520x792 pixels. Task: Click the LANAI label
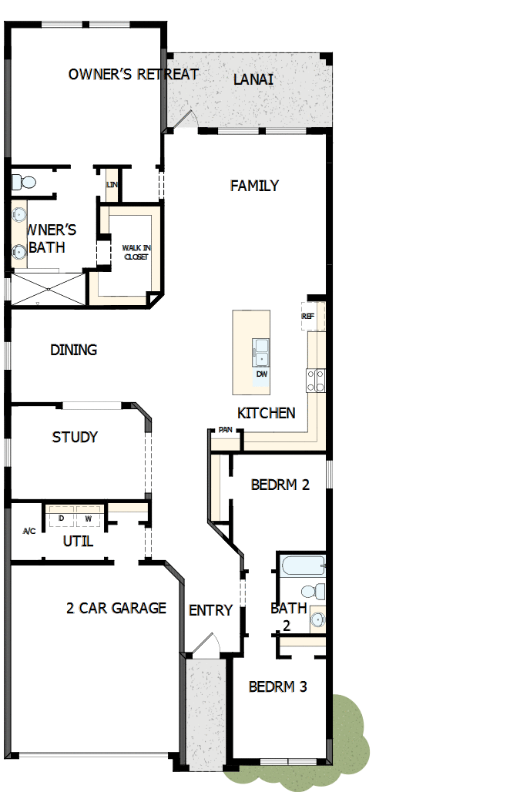[253, 79]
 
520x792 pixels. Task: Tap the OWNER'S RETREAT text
[133, 74]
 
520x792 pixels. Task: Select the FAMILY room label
[254, 186]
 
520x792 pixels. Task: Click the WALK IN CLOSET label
[136, 252]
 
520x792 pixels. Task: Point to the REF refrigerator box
[307, 317]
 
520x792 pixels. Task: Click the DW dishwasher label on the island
[262, 374]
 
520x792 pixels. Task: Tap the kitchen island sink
[261, 353]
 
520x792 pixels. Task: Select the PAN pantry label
[225, 430]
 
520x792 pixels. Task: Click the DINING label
[74, 350]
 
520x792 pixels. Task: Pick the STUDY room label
[75, 437]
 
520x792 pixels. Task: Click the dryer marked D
[61, 518]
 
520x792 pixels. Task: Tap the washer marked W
[88, 518]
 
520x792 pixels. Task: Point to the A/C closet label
[29, 532]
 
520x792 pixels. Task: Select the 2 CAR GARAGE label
[116, 608]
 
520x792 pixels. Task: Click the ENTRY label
[210, 610]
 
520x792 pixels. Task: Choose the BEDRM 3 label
[277, 686]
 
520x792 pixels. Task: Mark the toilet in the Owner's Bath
[24, 183]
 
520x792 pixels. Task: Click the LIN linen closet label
[112, 185]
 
